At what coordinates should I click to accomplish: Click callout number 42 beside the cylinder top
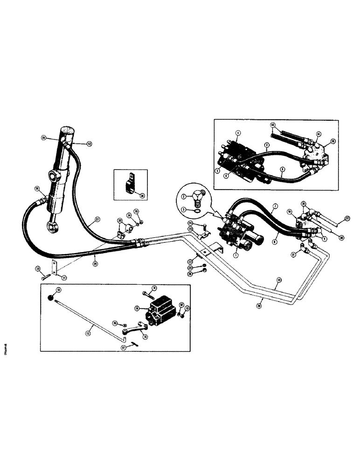pos(89,144)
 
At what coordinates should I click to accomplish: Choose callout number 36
pos(142,196)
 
